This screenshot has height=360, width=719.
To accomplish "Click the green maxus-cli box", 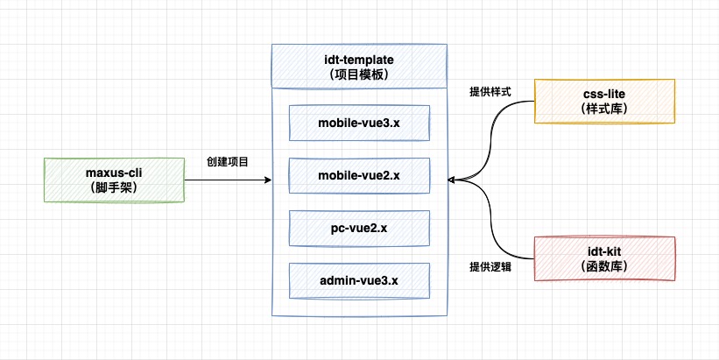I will click(x=113, y=180).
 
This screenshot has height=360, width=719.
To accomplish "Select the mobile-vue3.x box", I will click(x=359, y=124).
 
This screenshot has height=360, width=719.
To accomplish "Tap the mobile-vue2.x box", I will click(x=359, y=175).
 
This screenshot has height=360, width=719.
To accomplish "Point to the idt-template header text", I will click(x=360, y=59).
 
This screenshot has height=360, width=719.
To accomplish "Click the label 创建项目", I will click(x=228, y=162).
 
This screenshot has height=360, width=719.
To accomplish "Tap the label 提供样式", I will click(x=490, y=91).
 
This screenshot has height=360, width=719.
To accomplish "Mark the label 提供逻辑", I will click(x=490, y=267).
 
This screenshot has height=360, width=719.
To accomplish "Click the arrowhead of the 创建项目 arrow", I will click(x=268, y=180).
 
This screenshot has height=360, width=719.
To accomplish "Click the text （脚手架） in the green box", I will click(x=113, y=187).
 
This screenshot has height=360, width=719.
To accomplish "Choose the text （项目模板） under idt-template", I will click(x=360, y=74).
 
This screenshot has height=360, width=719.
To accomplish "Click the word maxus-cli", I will click(x=113, y=173).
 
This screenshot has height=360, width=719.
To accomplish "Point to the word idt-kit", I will click(x=605, y=251).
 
